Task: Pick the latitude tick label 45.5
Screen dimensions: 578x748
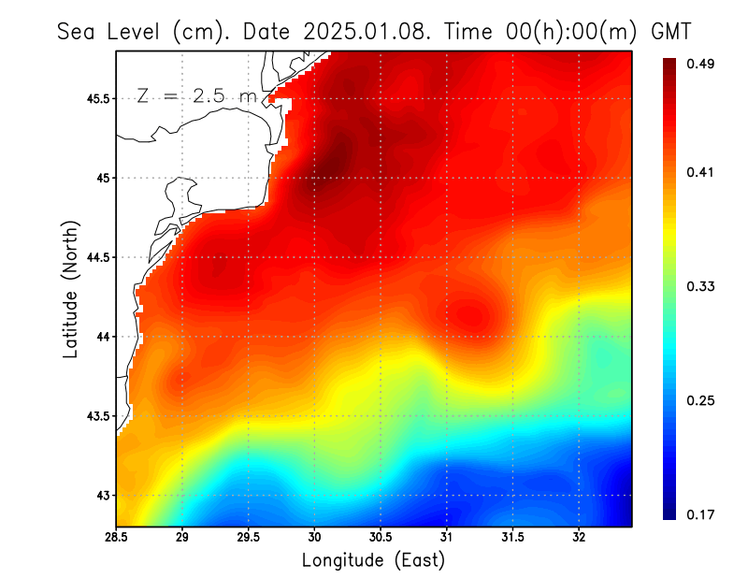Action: pos(95,98)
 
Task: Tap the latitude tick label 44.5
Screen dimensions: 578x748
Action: pos(95,257)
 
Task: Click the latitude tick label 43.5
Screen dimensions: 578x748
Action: pos(95,415)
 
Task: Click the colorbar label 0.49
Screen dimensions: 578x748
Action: pos(702,64)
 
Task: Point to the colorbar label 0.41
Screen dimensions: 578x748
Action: pos(702,172)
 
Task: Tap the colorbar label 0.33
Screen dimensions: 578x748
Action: pos(702,286)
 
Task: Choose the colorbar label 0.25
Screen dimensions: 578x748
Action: pos(702,400)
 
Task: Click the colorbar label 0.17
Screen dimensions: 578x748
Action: pos(702,514)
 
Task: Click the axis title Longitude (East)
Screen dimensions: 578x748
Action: pos(373,560)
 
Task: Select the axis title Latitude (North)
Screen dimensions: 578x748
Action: pos(70,289)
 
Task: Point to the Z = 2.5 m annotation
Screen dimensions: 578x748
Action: pos(195,96)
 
